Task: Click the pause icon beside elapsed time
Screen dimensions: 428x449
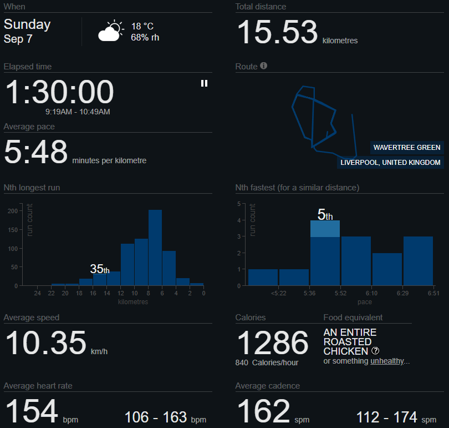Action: click(204, 83)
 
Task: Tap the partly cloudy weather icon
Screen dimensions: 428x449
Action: click(110, 32)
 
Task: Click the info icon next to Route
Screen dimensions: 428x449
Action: click(264, 66)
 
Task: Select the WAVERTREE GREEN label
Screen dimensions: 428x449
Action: click(407, 148)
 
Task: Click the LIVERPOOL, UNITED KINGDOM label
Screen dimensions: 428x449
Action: click(391, 163)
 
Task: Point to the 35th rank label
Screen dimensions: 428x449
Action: click(100, 269)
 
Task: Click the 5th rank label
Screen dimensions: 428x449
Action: click(325, 215)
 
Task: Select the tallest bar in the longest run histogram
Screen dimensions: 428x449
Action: click(155, 248)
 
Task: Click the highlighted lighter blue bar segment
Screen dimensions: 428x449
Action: click(325, 229)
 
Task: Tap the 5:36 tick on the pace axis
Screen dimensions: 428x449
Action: click(310, 293)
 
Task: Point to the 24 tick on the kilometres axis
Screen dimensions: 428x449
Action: click(37, 293)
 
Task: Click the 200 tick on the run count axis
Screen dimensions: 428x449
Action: click(12, 211)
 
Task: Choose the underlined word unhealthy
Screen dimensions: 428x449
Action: click(388, 361)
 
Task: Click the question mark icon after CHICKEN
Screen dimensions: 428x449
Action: click(375, 351)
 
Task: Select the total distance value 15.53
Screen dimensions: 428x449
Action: click(277, 32)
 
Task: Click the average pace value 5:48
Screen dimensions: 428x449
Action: click(36, 152)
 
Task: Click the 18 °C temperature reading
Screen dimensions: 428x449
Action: click(142, 27)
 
